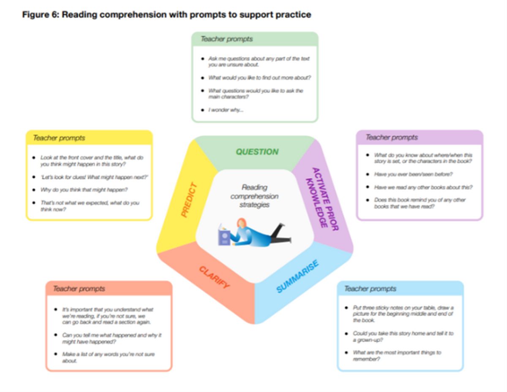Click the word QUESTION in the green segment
coord(257,152)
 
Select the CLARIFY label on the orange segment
coord(214,277)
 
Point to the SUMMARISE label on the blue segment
coord(297,276)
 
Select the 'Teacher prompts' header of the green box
coord(226,39)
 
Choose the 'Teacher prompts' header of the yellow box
coord(59,138)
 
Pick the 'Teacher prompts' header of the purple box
coord(391,138)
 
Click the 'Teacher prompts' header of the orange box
coord(79,289)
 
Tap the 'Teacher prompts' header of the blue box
coord(370,289)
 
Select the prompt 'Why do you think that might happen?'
coord(84,190)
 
